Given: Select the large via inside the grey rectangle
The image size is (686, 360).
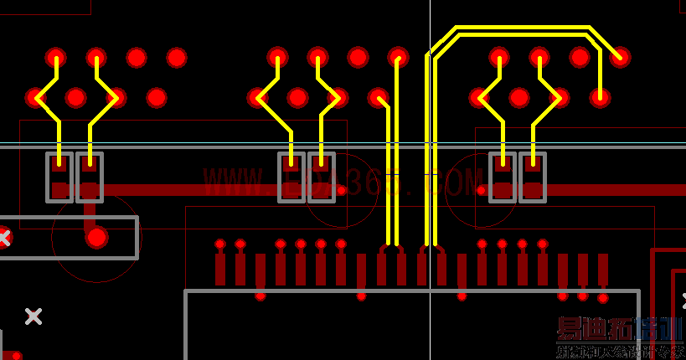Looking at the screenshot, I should (97, 238).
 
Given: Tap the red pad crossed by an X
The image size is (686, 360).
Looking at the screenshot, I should (3, 238).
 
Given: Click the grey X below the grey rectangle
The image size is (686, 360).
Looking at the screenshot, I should (34, 316).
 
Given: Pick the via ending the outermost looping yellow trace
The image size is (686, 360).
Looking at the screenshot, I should (620, 57).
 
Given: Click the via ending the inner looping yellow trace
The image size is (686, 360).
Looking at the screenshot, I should (600, 97).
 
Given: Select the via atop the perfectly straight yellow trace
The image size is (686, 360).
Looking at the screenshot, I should (398, 58).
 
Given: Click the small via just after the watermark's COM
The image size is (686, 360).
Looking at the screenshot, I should (482, 190).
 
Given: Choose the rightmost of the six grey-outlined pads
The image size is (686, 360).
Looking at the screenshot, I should (533, 177).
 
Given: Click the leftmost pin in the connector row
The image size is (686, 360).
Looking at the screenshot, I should (220, 269).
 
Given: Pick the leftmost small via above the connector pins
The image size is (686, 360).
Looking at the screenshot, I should (220, 244).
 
